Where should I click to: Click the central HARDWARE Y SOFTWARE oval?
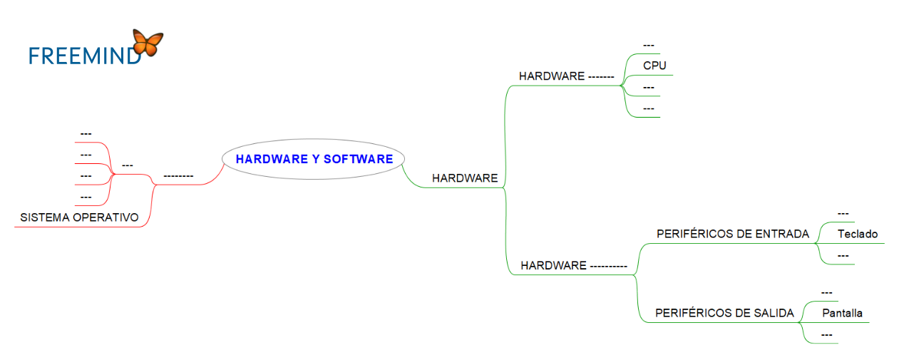click(314, 159)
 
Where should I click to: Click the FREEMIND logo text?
click(84, 56)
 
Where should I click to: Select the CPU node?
click(654, 66)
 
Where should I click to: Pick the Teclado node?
click(858, 234)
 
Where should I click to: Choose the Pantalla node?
click(842, 313)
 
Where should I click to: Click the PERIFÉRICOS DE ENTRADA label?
click(732, 234)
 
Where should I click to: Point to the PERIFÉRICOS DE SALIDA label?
click(724, 313)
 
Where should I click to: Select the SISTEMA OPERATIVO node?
click(79, 217)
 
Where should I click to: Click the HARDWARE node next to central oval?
click(465, 178)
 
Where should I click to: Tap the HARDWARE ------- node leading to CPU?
click(566, 76)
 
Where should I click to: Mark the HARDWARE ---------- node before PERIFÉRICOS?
click(573, 265)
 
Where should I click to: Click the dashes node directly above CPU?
click(649, 46)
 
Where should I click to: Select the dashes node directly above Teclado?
click(843, 213)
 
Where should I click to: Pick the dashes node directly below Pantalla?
click(827, 334)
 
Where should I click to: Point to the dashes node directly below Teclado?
click(843, 255)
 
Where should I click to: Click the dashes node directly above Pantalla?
click(827, 292)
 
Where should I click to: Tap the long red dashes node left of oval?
click(178, 175)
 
